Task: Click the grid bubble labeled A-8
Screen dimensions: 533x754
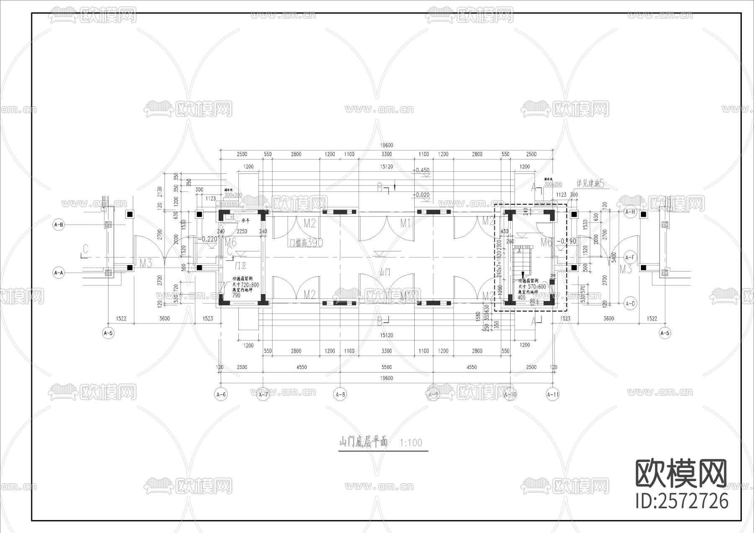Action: click(x=340, y=394)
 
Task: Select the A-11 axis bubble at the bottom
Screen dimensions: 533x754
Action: click(x=553, y=394)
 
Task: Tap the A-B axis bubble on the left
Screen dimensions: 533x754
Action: click(x=59, y=225)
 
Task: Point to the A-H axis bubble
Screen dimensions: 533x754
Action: click(x=630, y=212)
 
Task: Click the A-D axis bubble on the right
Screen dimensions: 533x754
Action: click(x=630, y=304)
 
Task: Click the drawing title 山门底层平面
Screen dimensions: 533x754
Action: click(x=363, y=442)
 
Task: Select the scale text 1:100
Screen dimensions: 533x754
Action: click(x=411, y=442)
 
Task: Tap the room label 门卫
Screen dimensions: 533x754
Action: click(x=240, y=265)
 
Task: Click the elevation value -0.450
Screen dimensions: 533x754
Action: click(x=421, y=170)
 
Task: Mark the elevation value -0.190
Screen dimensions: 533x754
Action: click(x=566, y=241)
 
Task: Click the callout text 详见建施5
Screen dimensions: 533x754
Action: click(x=590, y=184)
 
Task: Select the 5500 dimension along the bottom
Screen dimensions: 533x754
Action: click(x=386, y=367)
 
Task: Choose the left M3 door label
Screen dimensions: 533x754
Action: click(x=145, y=264)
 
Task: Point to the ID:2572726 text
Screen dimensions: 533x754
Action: click(x=682, y=501)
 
